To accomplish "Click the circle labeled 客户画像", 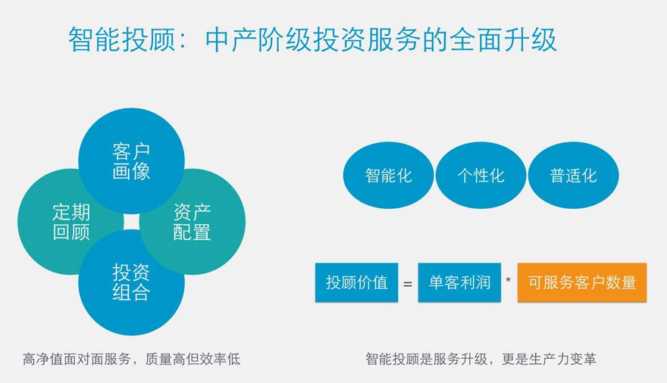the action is [131, 161].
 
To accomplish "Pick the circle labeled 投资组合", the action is [131, 282].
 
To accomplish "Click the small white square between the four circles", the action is [131, 222].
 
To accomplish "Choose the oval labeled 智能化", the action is [388, 176].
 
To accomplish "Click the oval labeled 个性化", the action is [481, 176].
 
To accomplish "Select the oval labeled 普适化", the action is [574, 176].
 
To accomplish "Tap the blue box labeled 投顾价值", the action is [356, 282].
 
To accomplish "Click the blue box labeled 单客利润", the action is [459, 282].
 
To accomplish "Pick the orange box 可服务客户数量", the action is [582, 282].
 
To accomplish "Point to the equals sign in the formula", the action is [408, 284].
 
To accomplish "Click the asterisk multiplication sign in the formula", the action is [509, 280].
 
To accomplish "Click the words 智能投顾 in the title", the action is [122, 40].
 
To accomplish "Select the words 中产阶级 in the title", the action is [258, 40].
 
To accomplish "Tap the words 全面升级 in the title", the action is [503, 40].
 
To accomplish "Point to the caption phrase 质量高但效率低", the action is [193, 360].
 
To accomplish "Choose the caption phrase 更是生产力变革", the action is [550, 360].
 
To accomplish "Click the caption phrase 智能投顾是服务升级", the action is [426, 360].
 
